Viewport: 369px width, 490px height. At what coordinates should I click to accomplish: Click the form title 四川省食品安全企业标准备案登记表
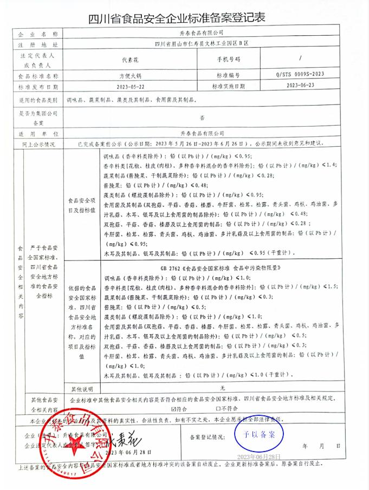click(184, 18)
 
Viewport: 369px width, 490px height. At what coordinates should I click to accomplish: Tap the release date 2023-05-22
click(132, 86)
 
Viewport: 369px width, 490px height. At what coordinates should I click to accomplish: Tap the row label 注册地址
click(41, 44)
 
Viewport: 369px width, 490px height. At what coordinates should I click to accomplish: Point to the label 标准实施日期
click(228, 86)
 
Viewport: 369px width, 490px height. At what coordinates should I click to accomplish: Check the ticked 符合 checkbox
click(173, 409)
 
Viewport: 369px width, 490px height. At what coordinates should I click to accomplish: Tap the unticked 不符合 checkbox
click(218, 409)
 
